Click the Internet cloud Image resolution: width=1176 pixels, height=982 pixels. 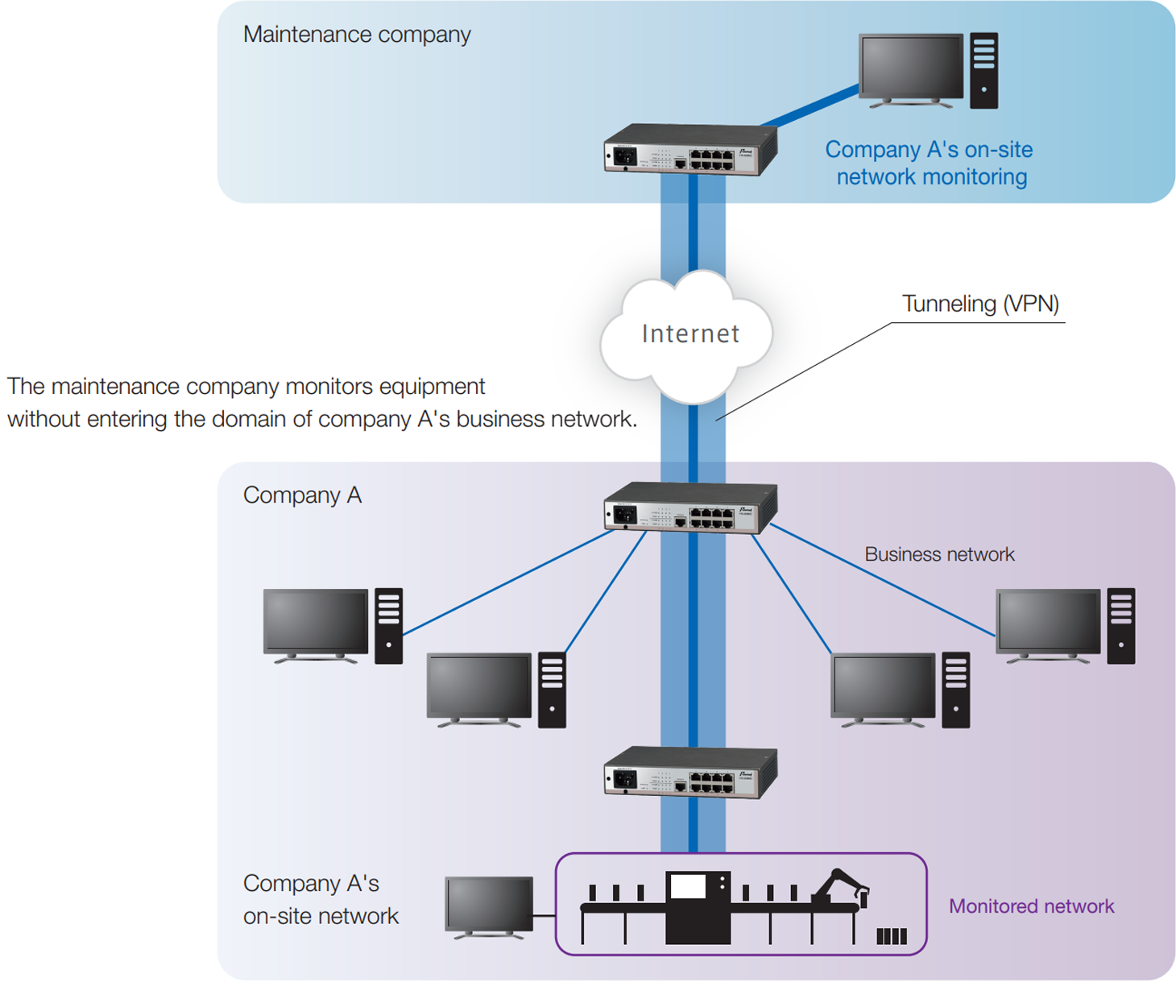pos(689,334)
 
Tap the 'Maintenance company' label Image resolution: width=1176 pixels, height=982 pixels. pos(356,35)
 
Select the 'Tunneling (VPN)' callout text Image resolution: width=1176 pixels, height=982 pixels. pos(979,304)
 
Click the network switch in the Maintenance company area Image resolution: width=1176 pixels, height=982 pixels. pos(689,151)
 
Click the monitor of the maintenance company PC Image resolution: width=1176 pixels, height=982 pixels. pos(910,69)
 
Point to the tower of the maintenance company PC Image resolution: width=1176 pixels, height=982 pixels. pos(983,70)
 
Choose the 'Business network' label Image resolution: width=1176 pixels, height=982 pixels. pos(938,554)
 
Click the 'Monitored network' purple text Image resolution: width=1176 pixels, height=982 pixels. pos(1030,906)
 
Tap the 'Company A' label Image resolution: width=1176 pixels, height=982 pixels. pos(302,495)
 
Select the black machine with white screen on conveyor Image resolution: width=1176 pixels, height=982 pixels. pos(698,906)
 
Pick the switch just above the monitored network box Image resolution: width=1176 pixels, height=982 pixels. pos(689,773)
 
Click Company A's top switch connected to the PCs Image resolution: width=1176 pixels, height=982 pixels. pos(689,508)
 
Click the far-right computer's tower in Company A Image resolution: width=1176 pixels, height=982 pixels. pos(1120,626)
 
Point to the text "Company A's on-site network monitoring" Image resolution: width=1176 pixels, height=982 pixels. pos(929,163)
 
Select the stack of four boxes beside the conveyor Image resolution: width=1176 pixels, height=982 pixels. pos(891,935)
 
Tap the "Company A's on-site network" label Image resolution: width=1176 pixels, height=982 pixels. pos(320,900)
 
